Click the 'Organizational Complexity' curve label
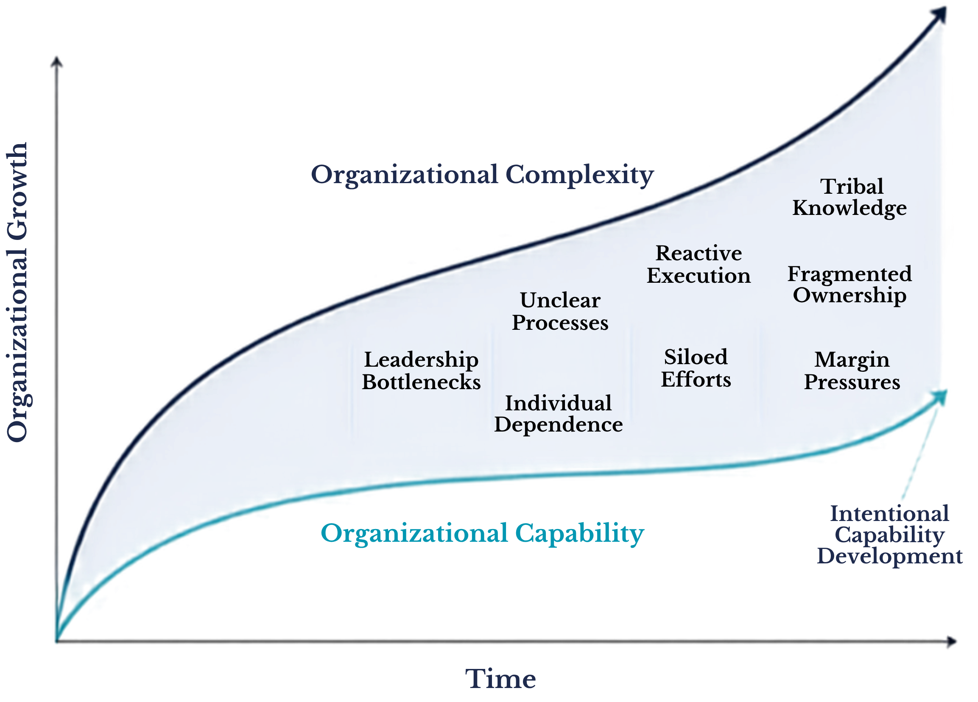coord(482,175)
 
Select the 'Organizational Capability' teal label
coord(482,534)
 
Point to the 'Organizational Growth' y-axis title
coord(17,292)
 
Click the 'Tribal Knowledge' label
coord(849,198)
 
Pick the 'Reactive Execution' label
coord(699,264)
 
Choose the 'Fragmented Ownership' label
coord(849,285)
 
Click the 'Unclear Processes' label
coord(560,311)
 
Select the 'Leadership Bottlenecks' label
coord(421,370)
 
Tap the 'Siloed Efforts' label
coord(696,368)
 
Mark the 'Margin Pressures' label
coord(852,371)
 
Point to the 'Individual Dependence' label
coord(559,414)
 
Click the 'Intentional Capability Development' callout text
coord(890,535)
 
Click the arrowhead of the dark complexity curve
coord(939,15)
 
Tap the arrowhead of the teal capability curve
coord(940,396)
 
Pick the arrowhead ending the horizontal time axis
coord(951,642)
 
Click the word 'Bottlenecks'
coord(421,382)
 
